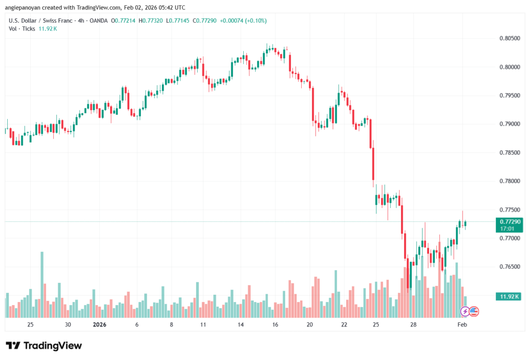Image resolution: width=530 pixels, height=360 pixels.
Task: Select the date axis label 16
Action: (x=275, y=325)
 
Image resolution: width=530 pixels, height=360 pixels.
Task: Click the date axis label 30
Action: (x=68, y=325)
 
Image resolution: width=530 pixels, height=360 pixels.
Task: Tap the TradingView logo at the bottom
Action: (x=44, y=346)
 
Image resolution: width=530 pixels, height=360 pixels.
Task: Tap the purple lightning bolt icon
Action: (x=465, y=311)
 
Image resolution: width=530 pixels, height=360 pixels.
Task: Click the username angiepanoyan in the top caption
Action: (x=27, y=7)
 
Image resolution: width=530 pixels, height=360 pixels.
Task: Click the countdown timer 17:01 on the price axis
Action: (x=507, y=228)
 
